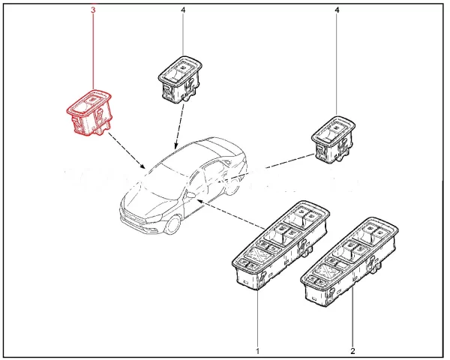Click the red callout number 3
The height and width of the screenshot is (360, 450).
92,10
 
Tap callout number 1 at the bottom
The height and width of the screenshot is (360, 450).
257,350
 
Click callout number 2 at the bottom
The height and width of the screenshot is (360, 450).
352,350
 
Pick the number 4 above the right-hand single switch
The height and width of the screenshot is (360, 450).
337,10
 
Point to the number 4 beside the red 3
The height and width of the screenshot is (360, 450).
183,10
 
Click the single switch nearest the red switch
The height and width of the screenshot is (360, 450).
181,79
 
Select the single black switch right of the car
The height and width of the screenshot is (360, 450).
334,138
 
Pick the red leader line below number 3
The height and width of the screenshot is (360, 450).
92,52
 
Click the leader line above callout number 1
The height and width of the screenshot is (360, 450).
257,315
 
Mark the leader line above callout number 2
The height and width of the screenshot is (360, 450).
352,322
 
